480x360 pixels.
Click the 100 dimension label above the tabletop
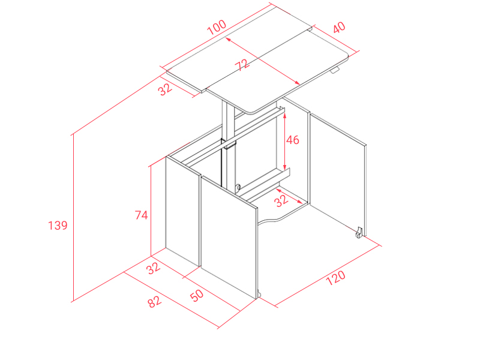(217, 27)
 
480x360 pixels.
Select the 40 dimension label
(339, 27)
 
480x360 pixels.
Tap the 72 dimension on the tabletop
(242, 65)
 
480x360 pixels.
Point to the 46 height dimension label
(292, 140)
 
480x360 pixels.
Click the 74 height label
(142, 215)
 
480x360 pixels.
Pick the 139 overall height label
(58, 226)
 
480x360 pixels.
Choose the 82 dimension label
(154, 301)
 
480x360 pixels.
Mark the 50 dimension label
(197, 295)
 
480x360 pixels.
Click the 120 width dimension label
(335, 278)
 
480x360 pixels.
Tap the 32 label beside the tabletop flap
(165, 89)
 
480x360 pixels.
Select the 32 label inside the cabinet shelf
(281, 201)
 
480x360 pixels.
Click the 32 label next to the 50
(153, 268)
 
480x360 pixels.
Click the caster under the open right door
(359, 232)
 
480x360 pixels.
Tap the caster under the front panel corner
(259, 294)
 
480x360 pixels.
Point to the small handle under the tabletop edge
(335, 70)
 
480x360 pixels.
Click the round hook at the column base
(237, 187)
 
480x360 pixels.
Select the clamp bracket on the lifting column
(229, 143)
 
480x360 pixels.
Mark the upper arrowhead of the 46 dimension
(284, 116)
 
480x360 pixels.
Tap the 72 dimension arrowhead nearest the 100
(228, 39)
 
